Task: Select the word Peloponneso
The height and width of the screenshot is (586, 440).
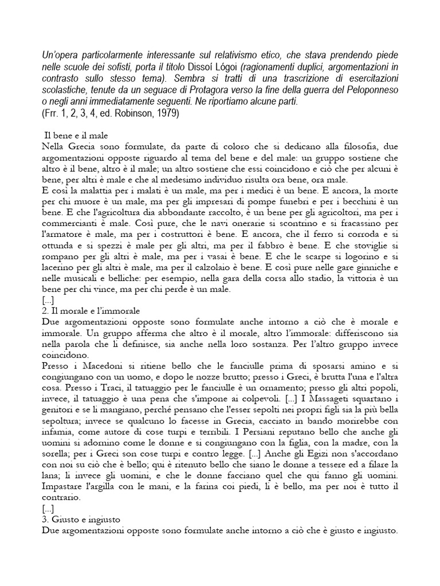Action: pos(367,91)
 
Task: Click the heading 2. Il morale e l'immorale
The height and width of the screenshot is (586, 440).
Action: pos(91,310)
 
